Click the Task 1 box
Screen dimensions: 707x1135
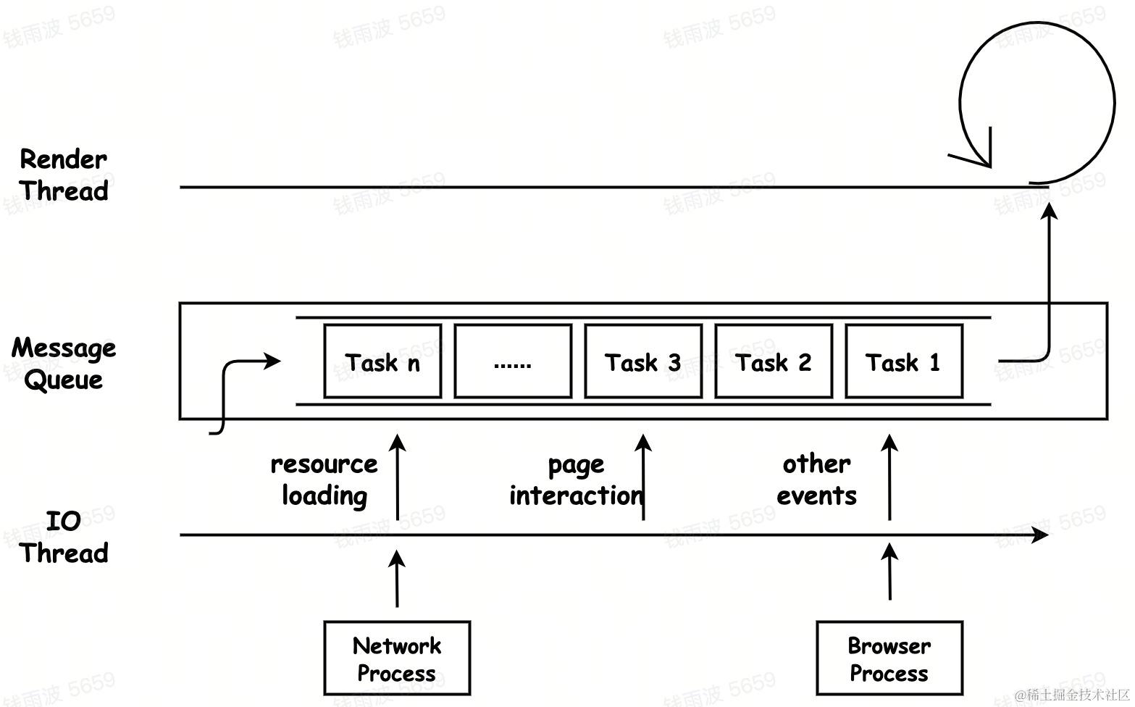tap(903, 361)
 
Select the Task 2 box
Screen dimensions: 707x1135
tap(773, 361)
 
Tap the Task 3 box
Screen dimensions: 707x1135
tap(642, 361)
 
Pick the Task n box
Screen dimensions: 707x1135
tap(382, 361)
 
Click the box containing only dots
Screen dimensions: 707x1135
tap(512, 361)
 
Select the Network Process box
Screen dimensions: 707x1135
tap(396, 658)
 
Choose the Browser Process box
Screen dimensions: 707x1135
tap(889, 658)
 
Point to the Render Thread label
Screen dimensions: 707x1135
tap(64, 175)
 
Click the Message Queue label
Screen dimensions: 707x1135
tap(64, 363)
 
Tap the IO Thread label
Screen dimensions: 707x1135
tap(64, 537)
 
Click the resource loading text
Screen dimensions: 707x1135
tap(324, 479)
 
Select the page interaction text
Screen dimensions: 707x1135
tap(576, 479)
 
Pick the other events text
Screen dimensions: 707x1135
tap(816, 479)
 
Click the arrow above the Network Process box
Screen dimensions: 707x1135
tap(396, 578)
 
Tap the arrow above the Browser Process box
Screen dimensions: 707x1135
tap(889, 572)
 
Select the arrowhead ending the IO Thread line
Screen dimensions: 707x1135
tap(1041, 535)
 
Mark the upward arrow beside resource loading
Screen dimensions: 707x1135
tap(397, 477)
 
